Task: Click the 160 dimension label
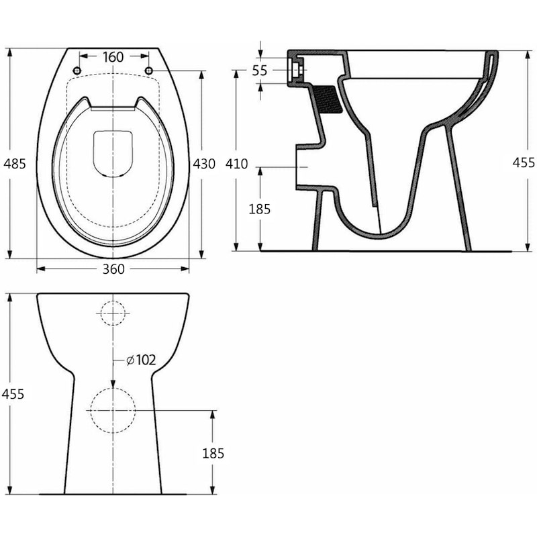[x=113, y=57]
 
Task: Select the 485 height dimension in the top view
[x=14, y=163]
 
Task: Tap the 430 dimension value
[x=204, y=163]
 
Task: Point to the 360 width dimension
[x=113, y=269]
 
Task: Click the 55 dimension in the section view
[x=260, y=70]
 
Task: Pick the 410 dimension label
[x=237, y=164]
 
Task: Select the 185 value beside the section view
[x=259, y=209]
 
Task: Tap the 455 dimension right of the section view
[x=524, y=162]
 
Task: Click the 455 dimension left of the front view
[x=13, y=394]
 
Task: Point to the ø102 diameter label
[x=141, y=360]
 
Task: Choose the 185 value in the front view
[x=213, y=454]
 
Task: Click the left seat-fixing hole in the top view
[x=77, y=71]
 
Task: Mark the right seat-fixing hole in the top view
[x=148, y=71]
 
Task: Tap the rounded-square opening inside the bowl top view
[x=112, y=152]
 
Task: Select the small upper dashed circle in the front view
[x=113, y=312]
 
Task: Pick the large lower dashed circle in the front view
[x=112, y=410]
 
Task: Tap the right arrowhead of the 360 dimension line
[x=186, y=268]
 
